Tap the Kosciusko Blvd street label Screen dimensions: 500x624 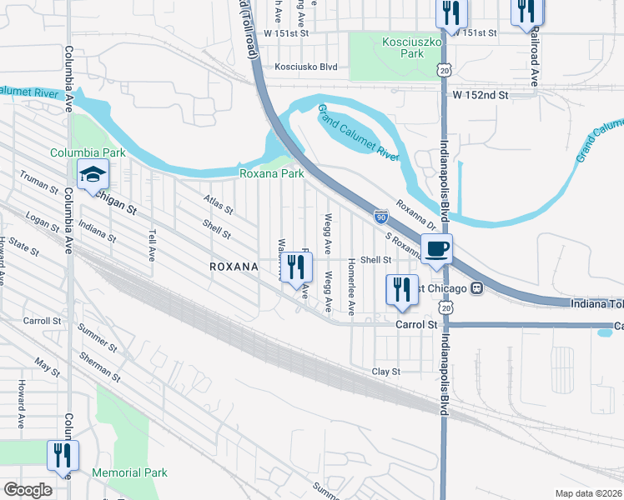pyautogui.click(x=305, y=67)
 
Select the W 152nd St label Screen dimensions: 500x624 pyautogui.click(x=481, y=96)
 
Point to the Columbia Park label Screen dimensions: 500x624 pyautogui.click(x=88, y=152)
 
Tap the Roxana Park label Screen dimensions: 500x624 pyautogui.click(x=272, y=173)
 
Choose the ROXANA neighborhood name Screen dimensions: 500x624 pyautogui.click(x=234, y=266)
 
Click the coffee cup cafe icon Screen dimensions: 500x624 pyautogui.click(x=435, y=248)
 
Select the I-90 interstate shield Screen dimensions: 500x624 pyautogui.click(x=380, y=217)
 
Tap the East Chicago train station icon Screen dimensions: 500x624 pyautogui.click(x=477, y=288)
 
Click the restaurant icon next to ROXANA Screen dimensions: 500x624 pyautogui.click(x=295, y=267)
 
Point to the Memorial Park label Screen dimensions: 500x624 pyautogui.click(x=130, y=472)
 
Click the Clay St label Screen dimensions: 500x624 pyautogui.click(x=386, y=371)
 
